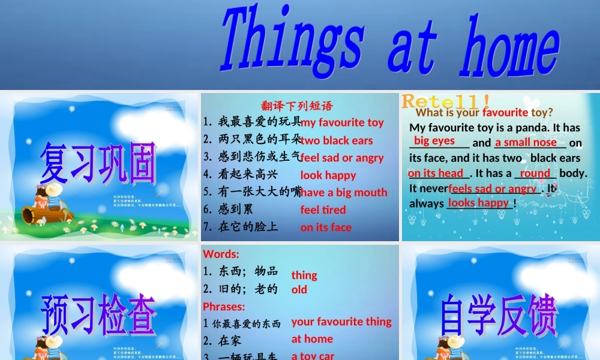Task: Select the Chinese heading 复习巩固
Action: coord(98,163)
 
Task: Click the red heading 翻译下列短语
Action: coord(297,107)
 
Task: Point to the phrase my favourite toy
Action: coord(342,122)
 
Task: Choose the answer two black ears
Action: coord(337,140)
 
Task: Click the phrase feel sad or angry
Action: coord(342,158)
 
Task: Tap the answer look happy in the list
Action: coord(328,175)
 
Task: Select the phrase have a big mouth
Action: coord(344,193)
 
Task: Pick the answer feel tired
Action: coord(323,210)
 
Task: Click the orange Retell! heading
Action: coord(446,100)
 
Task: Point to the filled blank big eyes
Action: coord(434,141)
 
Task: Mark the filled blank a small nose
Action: coord(526,142)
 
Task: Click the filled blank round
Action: coord(535,173)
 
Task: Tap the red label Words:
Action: coord(221,254)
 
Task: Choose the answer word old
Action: coord(299,289)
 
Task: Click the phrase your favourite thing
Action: coord(341,322)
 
